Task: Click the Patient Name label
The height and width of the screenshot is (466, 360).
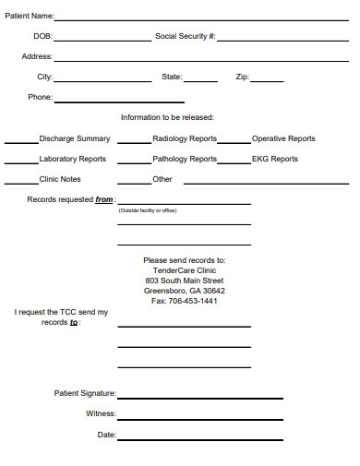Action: click(30, 16)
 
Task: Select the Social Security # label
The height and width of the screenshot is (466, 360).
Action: click(186, 37)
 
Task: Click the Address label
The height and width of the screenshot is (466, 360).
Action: click(37, 56)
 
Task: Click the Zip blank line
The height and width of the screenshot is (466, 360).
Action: click(268, 81)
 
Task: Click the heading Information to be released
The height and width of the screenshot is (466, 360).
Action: click(167, 117)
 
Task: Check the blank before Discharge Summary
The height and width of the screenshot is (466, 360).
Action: click(21, 142)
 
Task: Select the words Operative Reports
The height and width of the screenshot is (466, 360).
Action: click(283, 138)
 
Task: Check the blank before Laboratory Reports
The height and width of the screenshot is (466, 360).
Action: click(21, 162)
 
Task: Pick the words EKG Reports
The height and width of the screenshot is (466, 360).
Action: click(275, 159)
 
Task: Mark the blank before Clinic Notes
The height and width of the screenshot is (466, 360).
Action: click(21, 183)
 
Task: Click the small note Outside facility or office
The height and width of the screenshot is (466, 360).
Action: click(148, 210)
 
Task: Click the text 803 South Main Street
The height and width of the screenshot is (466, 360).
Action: click(185, 281)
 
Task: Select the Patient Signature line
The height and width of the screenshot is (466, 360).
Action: click(200, 398)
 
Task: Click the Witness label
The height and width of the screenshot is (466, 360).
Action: click(101, 413)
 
